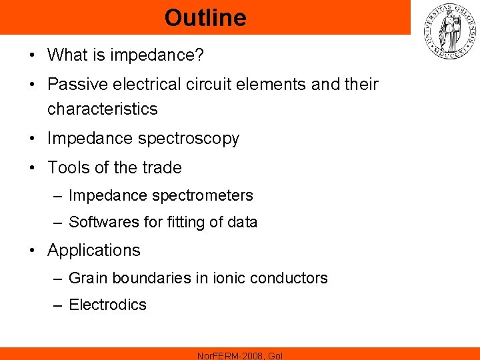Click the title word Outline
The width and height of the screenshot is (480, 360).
205,18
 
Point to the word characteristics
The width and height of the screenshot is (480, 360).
103,109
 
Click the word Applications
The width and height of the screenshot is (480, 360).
94,250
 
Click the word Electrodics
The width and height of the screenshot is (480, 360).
107,305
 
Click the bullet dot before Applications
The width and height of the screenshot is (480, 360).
32,251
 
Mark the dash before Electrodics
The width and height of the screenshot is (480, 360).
58,305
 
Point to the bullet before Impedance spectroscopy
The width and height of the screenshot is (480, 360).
32,139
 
